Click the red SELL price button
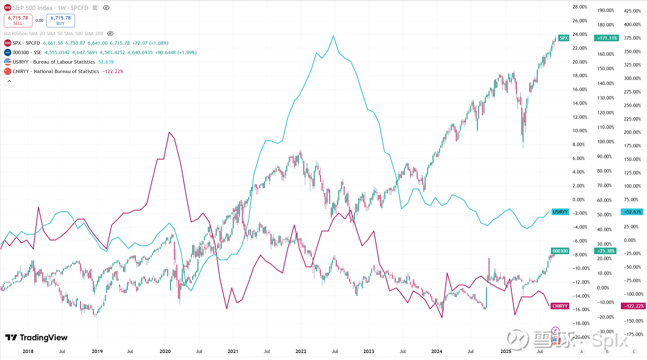[18, 20]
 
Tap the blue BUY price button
[60, 20]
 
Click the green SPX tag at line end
[563, 38]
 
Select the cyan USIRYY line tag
[560, 212]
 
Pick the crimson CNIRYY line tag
[560, 306]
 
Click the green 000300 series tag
[560, 251]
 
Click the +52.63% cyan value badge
[633, 212]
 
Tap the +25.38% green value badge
[606, 251]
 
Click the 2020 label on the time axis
[165, 351]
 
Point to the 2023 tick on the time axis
[369, 351]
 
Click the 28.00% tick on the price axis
[580, 7]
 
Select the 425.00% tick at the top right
[632, 11]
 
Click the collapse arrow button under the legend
[9, 81]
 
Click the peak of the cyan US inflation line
[333, 36]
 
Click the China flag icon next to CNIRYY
[8, 71]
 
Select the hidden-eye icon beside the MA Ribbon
[110, 33]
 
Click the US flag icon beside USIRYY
[8, 62]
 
